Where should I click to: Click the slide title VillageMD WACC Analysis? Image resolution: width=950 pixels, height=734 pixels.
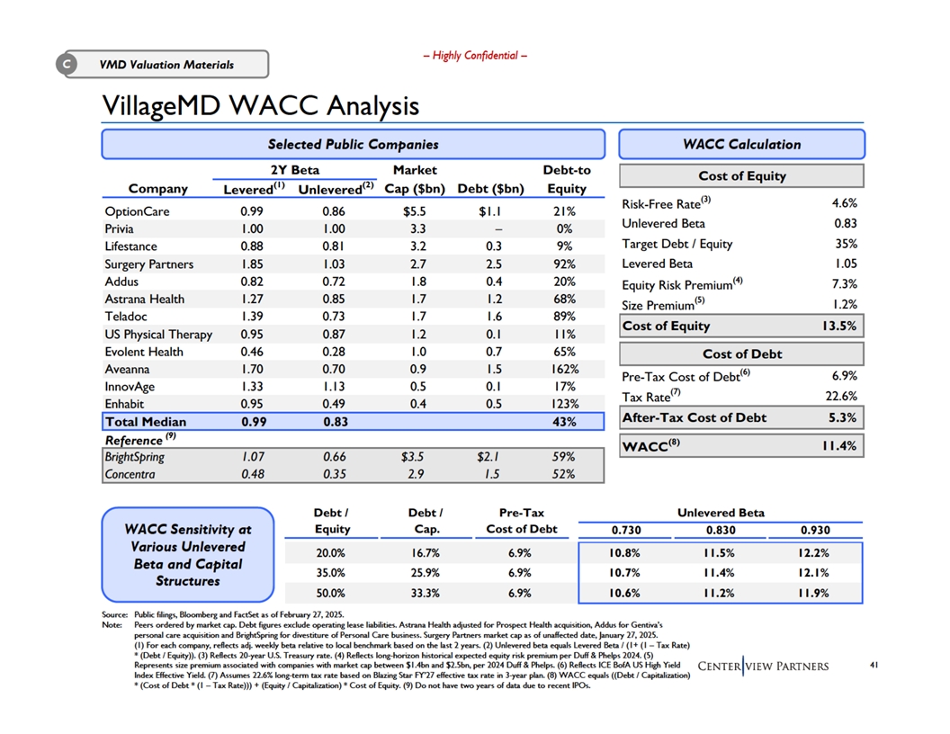[261, 105]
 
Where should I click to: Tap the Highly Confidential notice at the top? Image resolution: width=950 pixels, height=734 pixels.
[475, 56]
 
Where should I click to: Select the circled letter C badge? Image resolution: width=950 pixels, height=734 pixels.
[67, 64]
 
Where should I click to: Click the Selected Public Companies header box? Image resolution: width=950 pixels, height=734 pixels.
[354, 144]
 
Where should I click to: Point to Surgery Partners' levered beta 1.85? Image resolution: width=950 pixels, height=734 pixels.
[252, 264]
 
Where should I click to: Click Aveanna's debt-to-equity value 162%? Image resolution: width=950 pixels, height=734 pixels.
[565, 369]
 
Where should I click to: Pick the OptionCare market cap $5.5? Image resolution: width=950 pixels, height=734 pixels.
[415, 211]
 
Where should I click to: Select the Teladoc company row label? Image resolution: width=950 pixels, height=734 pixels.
[126, 316]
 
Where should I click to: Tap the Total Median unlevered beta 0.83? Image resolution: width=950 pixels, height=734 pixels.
[336, 422]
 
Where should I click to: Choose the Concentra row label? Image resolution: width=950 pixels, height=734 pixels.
[130, 474]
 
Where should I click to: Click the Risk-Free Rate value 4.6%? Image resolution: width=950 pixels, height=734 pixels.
[845, 203]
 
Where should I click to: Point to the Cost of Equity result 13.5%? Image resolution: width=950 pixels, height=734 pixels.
[839, 326]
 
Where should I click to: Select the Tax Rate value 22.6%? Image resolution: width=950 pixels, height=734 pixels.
[841, 396]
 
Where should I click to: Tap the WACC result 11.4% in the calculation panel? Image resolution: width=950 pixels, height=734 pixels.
[839, 446]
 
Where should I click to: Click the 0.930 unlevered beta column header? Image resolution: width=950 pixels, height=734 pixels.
[815, 530]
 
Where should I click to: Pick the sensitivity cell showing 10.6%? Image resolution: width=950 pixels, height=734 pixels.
[624, 593]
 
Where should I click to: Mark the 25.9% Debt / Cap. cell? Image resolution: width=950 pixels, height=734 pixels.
[426, 572]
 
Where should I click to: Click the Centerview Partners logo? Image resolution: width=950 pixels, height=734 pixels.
[764, 667]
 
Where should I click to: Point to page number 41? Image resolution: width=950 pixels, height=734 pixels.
[874, 665]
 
